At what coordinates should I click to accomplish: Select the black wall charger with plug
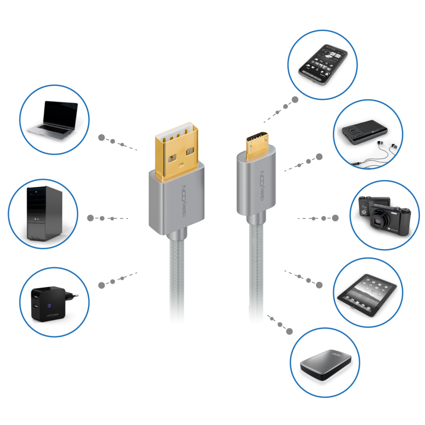(x=49, y=304)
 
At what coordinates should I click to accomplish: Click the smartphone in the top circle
(x=323, y=65)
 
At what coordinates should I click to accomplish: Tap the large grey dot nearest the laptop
(x=102, y=138)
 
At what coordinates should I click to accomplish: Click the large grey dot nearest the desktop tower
(x=91, y=218)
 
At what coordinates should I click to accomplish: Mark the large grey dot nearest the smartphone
(x=295, y=100)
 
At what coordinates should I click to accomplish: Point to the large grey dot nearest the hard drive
(x=289, y=331)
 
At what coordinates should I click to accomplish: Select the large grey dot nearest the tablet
(x=319, y=285)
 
